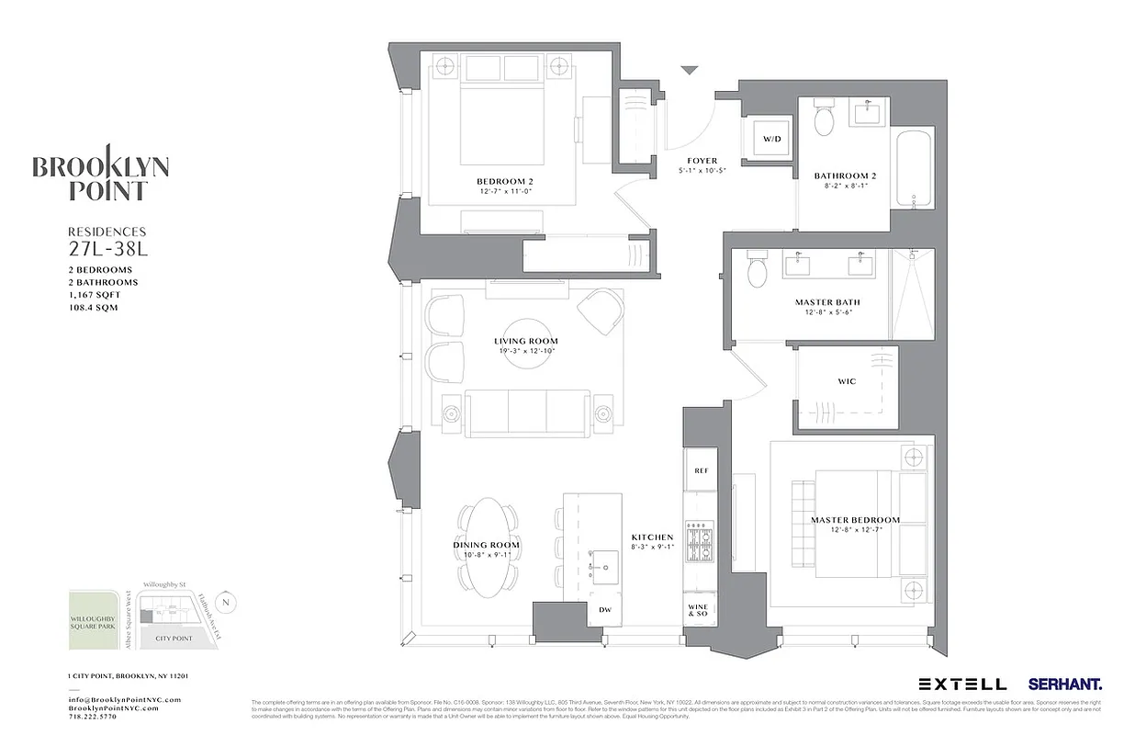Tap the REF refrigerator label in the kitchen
point(701,470)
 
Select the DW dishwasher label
point(604,610)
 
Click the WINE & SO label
point(700,608)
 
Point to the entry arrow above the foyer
point(690,70)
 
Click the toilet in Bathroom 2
point(824,119)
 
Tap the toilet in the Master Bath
point(758,270)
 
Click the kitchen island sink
point(605,568)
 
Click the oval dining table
point(486,547)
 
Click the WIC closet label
point(846,381)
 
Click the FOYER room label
point(702,161)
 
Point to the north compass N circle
point(228,603)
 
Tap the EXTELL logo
point(961,684)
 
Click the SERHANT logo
point(1065,684)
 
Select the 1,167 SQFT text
point(95,295)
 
